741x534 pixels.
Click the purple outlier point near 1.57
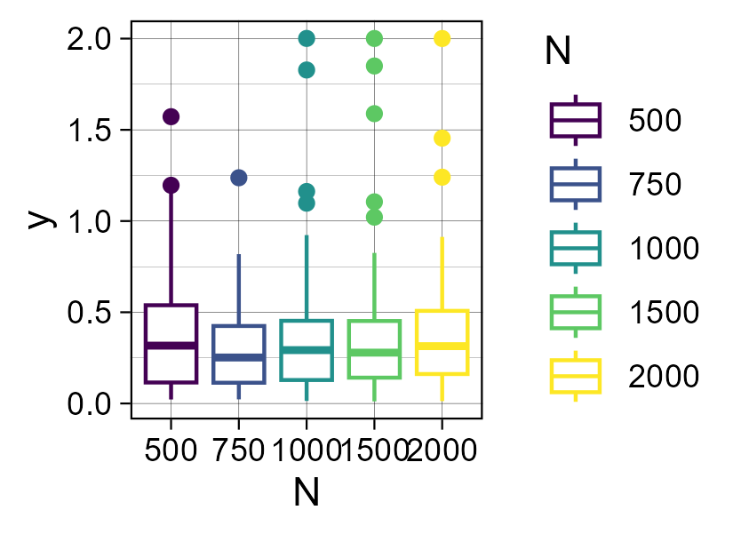(171, 116)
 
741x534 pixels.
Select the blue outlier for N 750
(239, 178)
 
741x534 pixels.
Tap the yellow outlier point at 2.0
(442, 38)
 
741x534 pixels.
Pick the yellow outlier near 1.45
(442, 138)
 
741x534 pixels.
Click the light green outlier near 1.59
(374, 114)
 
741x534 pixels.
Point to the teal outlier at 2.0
(307, 38)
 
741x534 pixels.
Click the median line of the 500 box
(171, 346)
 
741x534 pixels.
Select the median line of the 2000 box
(442, 346)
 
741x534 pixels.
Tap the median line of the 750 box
(239, 357)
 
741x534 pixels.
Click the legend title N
(557, 52)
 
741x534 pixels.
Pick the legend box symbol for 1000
(576, 248)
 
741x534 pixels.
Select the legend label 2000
(664, 377)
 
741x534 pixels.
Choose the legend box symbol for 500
(576, 120)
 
